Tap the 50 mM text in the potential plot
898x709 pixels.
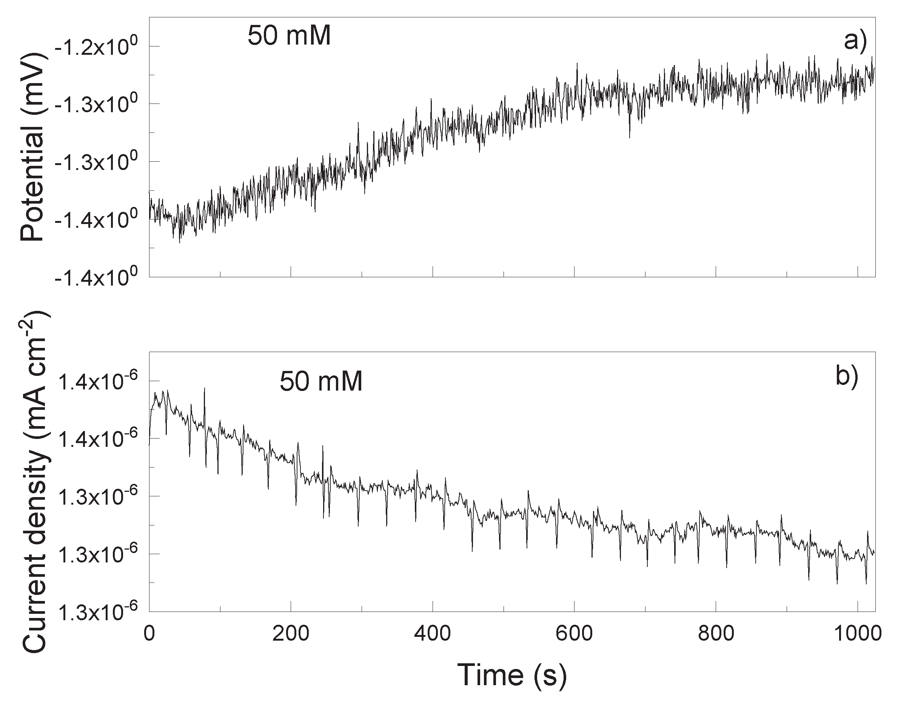[289, 36]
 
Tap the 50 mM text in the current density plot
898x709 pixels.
[321, 381]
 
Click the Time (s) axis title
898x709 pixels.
[512, 675]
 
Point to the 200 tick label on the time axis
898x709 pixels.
[291, 634]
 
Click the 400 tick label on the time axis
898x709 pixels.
[433, 634]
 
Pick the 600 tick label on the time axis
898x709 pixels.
[575, 634]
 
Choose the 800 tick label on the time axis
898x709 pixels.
[716, 634]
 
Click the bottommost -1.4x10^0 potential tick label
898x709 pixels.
[96, 278]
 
